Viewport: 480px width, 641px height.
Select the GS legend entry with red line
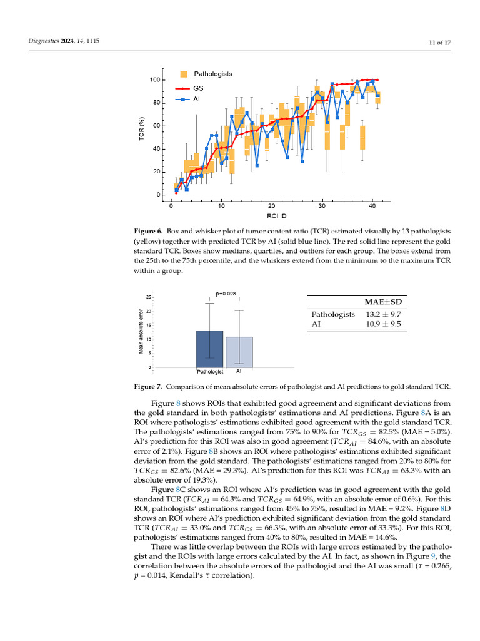[x=198, y=88]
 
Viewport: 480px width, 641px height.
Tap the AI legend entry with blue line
[x=197, y=99]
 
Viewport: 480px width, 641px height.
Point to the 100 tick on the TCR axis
[x=154, y=80]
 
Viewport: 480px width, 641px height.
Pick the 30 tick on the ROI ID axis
[x=322, y=206]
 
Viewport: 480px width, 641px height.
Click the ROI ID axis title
[x=272, y=216]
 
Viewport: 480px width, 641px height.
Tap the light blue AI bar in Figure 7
[x=239, y=352]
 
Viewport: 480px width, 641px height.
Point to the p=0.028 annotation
[x=226, y=293]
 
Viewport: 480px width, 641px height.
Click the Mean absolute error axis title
[x=141, y=332]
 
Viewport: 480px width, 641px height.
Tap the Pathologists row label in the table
[x=333, y=315]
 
